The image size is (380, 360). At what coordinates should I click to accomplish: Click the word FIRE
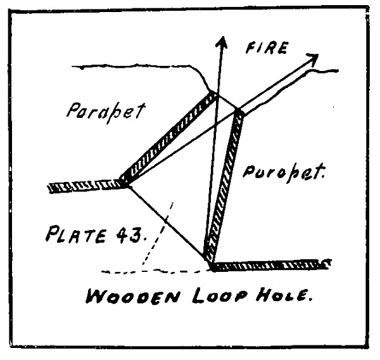[267, 48]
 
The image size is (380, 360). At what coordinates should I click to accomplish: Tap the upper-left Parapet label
[106, 112]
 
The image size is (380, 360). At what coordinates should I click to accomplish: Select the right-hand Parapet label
[284, 172]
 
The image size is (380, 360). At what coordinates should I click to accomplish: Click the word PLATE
[76, 234]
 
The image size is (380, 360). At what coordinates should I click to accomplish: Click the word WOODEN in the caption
[133, 295]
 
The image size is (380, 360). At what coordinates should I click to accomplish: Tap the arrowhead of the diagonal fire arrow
[312, 59]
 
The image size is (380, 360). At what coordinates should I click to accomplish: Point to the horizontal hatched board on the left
[86, 186]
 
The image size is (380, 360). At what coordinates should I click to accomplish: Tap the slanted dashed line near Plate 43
[158, 234]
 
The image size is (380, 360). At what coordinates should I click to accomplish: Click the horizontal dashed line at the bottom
[155, 271]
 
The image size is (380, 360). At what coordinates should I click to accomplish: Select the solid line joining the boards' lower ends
[167, 222]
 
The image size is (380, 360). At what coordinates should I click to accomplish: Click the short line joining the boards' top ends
[226, 101]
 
